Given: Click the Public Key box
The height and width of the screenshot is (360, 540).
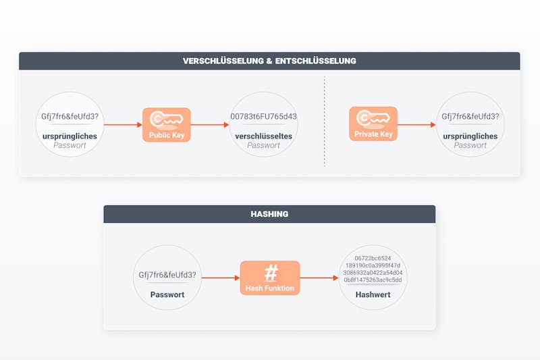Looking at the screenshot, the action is click(x=167, y=125).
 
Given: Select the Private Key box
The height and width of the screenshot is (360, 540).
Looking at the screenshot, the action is click(x=373, y=124).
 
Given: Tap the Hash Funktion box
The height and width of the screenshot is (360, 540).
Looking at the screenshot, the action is click(x=270, y=278).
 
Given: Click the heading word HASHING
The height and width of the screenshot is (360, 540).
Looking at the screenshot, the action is click(x=269, y=214).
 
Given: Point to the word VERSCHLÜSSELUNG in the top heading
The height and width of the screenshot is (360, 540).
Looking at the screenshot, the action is click(x=223, y=61).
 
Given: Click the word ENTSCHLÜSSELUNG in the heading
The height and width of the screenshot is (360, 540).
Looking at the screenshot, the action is click(x=316, y=61).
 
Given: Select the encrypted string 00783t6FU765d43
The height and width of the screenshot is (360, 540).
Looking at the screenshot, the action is click(x=263, y=116).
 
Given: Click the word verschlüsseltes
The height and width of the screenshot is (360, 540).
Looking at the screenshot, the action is click(x=263, y=136).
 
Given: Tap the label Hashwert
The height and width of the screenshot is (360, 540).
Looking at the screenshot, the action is click(x=373, y=294).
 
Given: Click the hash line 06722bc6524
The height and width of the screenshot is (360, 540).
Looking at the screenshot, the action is click(x=373, y=258).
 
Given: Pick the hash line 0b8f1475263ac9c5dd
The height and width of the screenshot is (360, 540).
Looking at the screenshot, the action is click(x=373, y=280).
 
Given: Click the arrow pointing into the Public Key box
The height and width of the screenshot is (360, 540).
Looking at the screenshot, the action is click(x=124, y=125).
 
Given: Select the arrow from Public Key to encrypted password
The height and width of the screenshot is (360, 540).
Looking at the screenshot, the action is click(x=210, y=125).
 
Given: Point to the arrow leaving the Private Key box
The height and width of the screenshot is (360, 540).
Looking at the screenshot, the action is click(x=416, y=125).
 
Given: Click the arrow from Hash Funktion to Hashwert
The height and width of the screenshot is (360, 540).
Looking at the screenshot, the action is click(x=319, y=278).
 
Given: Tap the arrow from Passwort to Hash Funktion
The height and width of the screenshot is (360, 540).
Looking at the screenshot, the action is click(x=221, y=278).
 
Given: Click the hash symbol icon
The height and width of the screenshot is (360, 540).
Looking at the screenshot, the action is click(x=271, y=273).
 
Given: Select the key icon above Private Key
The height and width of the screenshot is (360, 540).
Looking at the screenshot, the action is click(x=373, y=118).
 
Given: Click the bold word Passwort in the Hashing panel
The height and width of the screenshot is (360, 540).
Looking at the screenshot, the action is click(x=167, y=294).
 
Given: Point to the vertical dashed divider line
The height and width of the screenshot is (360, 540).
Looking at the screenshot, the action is click(x=325, y=122).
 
